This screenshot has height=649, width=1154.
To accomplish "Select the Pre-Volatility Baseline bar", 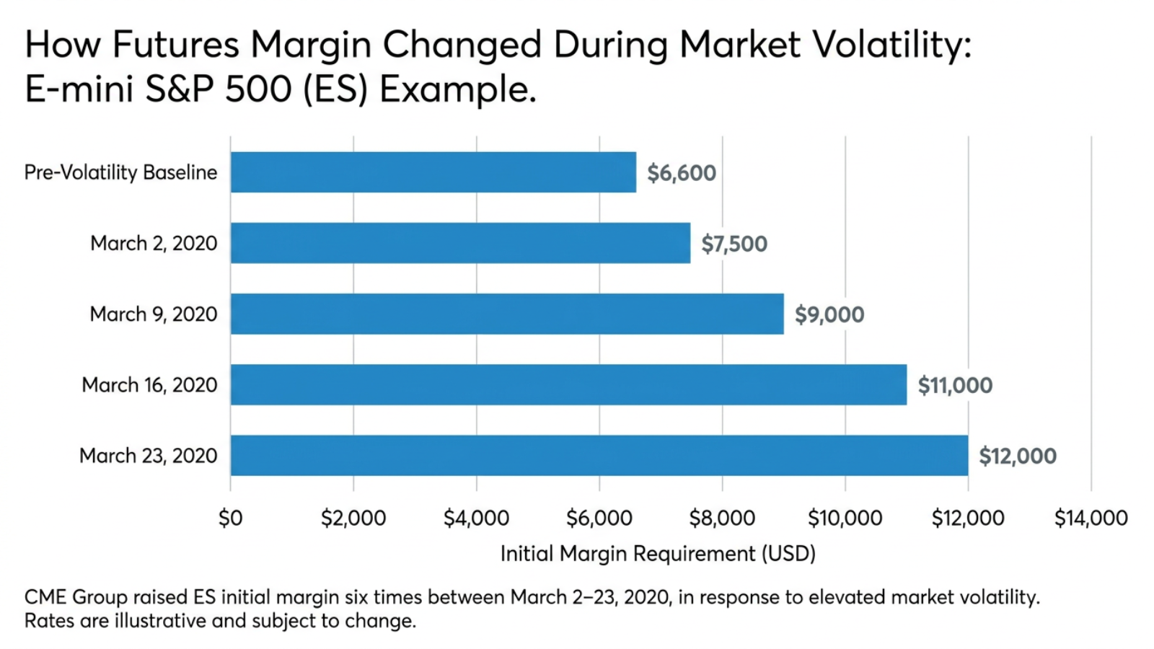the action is (433, 172).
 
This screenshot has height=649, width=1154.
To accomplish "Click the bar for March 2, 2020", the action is (461, 243).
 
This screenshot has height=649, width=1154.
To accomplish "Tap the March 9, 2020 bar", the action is (508, 314).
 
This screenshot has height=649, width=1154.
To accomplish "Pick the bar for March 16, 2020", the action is (569, 385).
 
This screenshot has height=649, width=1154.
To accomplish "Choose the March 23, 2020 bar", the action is (599, 455).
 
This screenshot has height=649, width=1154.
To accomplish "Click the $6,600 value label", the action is (682, 173).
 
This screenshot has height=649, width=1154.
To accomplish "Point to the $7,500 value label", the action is (734, 244).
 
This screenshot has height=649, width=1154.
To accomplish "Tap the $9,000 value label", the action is (829, 314).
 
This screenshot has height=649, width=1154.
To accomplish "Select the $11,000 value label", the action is (955, 385).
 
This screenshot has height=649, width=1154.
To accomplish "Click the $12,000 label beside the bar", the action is (1018, 456).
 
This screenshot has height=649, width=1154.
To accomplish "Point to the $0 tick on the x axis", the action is (230, 518).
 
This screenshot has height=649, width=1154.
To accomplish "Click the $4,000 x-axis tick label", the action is (477, 518).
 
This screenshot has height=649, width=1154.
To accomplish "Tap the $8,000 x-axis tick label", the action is (722, 518).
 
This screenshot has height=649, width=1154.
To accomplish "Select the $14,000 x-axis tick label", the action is (1091, 518).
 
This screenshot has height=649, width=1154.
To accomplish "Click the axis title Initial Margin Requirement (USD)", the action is (658, 554).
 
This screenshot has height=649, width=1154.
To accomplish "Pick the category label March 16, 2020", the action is (149, 385).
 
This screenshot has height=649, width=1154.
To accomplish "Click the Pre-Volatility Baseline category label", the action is (120, 172).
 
